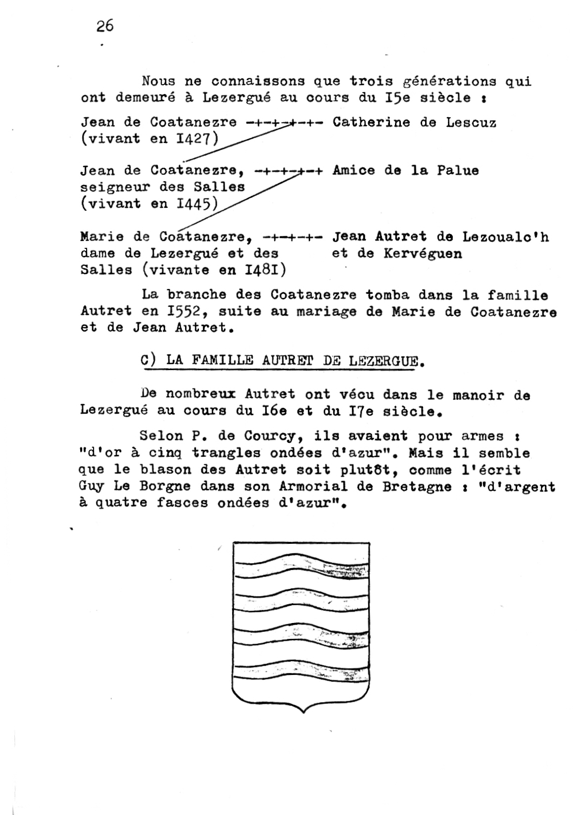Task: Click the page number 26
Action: pos(105,26)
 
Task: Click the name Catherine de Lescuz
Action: pos(414,122)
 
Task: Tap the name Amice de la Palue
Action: pos(405,171)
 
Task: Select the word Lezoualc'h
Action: pos(505,237)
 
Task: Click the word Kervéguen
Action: pos(423,254)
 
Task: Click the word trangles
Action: pos(226,453)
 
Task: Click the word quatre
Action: pos(120,503)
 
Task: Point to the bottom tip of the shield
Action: pos(302,712)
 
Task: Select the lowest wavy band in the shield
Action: pos(301,671)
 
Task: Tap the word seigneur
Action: pos(114,187)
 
